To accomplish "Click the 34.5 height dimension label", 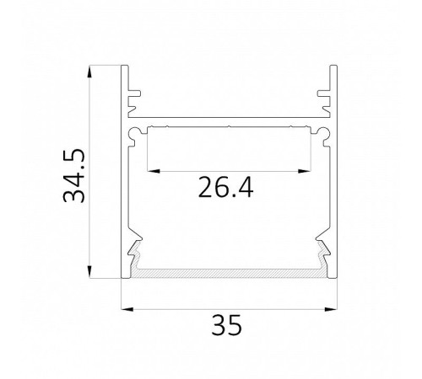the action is click(73, 175).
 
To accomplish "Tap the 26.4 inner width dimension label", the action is click(226, 187).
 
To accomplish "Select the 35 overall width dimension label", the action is click(226, 325).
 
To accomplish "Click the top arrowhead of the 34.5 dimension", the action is click(89, 72).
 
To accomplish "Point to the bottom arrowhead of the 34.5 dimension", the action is click(89, 272).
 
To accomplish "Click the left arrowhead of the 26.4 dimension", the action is click(154, 171).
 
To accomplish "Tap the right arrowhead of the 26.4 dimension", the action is click(305, 171).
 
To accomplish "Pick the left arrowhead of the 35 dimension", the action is click(127, 309).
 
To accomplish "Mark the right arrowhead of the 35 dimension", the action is click(331, 309).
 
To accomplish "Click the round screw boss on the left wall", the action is click(134, 133).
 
